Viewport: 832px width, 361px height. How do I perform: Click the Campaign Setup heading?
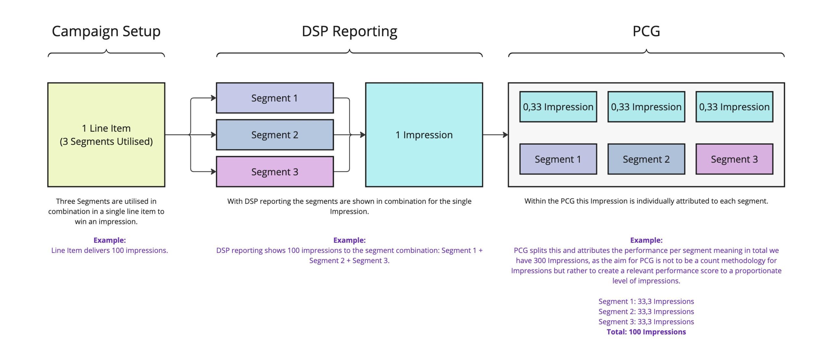[x=106, y=32]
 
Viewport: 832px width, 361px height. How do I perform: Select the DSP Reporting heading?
[x=349, y=32]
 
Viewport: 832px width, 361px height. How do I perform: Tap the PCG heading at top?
[x=646, y=31]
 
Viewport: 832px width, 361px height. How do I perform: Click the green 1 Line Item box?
[x=106, y=135]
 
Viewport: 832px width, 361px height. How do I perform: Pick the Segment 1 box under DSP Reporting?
[x=275, y=98]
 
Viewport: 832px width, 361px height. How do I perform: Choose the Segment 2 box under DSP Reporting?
[x=275, y=135]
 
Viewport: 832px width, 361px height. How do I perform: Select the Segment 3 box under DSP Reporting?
[x=275, y=172]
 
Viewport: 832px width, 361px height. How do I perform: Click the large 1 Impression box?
[x=424, y=135]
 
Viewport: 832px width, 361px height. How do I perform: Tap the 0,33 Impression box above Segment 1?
[x=558, y=107]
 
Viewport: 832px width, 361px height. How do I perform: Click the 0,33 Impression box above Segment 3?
[x=734, y=107]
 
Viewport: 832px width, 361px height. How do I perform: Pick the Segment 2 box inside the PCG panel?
[x=646, y=159]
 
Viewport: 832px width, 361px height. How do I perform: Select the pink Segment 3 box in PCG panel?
[x=734, y=159]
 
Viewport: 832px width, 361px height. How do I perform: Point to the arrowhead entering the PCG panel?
[x=506, y=135]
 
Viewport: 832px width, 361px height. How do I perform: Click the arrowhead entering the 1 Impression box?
[x=363, y=135]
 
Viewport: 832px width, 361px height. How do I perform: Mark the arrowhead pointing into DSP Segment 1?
[x=214, y=98]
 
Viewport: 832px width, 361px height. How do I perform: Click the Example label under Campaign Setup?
[x=110, y=240]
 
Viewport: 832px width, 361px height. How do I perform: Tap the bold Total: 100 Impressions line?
[x=646, y=332]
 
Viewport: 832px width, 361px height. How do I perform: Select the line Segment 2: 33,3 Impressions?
[x=646, y=312]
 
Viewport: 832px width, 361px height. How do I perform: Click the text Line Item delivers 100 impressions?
[x=110, y=250]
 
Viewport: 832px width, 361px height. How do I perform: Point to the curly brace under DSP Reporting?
[x=349, y=53]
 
